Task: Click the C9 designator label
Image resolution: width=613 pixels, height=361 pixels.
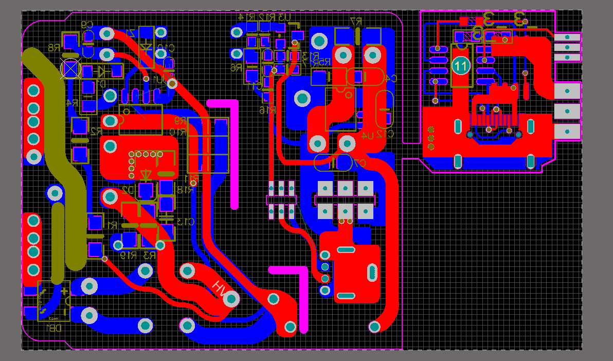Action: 87,24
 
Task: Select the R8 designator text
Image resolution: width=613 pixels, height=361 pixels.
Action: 53,47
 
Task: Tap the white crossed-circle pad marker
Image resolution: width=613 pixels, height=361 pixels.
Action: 70,68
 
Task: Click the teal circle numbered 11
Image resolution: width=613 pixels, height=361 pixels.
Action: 461,66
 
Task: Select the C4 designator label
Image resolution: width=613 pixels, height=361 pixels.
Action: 389,78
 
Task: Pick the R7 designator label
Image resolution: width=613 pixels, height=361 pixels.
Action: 356,21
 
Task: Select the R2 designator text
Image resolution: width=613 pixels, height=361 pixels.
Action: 96,132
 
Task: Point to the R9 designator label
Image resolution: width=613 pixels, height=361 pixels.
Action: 180,121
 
